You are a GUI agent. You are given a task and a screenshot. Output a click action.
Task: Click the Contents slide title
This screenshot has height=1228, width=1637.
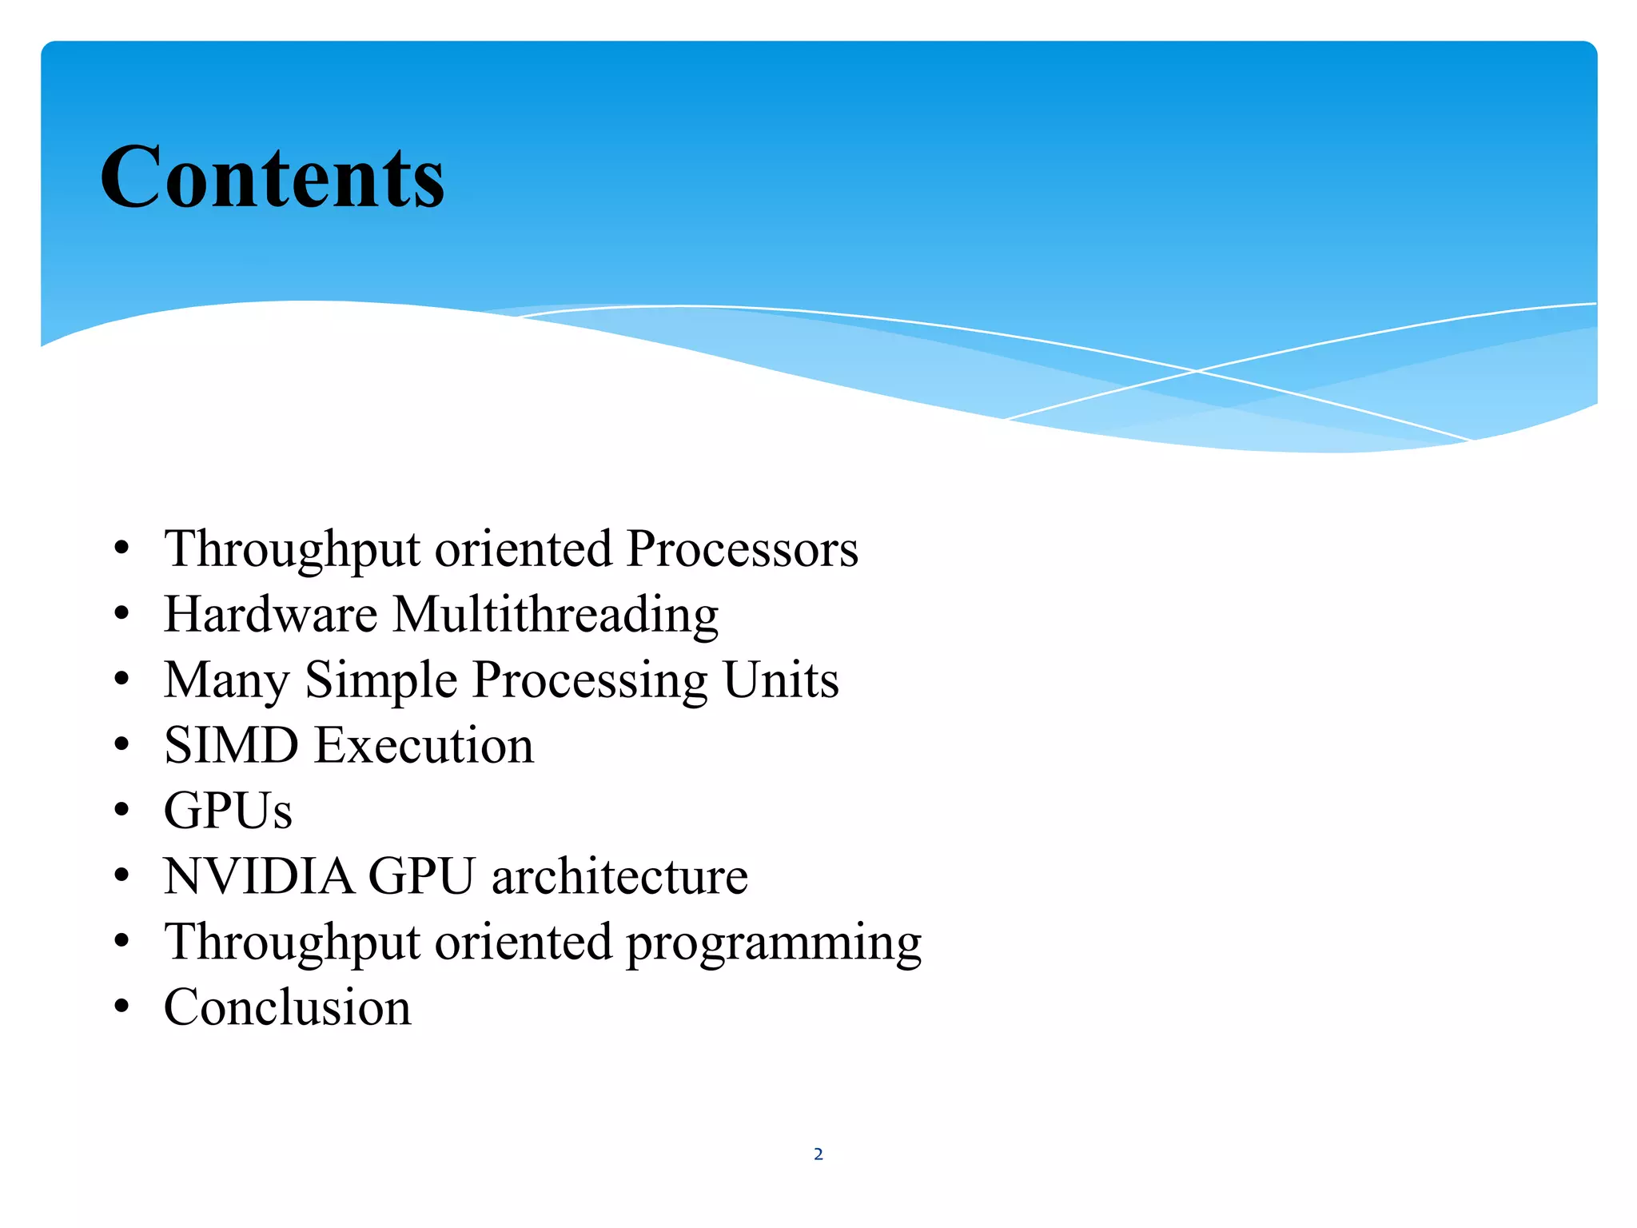pos(272,177)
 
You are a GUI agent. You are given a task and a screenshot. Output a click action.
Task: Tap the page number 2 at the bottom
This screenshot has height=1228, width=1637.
pos(818,1154)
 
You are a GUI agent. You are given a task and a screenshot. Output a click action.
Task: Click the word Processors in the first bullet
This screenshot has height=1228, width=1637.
pos(742,549)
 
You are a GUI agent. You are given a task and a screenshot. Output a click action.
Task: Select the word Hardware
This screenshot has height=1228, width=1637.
pos(270,615)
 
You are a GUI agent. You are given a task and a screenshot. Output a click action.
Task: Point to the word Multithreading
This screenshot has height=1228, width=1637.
pos(556,616)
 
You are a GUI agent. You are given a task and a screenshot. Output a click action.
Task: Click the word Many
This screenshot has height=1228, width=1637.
pos(226,682)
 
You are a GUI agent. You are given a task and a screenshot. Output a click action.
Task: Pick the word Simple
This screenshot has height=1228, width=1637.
pos(381,682)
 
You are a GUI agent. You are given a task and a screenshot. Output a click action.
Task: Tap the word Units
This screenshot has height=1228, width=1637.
pos(780,680)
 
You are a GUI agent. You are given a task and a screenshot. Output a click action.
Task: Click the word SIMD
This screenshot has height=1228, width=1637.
pos(231,746)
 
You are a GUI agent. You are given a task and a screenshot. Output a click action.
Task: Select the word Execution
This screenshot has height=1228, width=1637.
pos(424,746)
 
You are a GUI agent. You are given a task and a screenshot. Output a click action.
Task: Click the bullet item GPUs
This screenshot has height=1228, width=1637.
pos(228,811)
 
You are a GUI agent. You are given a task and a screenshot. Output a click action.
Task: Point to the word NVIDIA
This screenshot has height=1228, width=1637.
pos(258,877)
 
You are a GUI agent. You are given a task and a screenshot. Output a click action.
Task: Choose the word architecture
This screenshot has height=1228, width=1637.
pos(619,877)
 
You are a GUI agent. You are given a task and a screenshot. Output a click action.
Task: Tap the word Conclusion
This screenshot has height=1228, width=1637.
pos(287,1007)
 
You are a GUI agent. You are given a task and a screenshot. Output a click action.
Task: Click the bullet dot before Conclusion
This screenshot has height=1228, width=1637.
pos(121,1007)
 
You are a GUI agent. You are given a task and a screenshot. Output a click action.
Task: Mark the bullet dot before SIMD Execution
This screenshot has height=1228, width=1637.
pos(121,746)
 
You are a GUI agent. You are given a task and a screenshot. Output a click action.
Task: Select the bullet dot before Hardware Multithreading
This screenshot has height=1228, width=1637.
pos(121,615)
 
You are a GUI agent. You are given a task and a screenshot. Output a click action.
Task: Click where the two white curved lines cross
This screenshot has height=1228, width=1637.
pos(1197,371)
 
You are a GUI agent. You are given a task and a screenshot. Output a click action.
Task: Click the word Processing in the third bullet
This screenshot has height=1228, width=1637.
pos(590,682)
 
